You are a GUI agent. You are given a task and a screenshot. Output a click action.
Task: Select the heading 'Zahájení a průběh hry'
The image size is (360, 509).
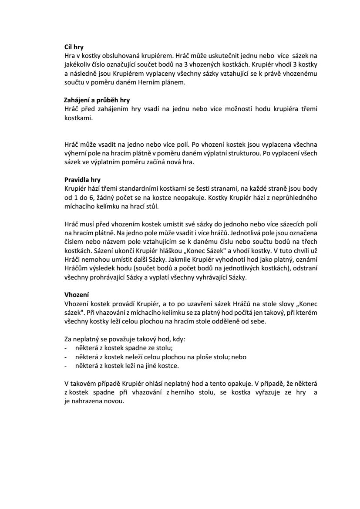pos(94,100)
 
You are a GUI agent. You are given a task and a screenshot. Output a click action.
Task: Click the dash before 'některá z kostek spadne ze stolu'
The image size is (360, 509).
pos(65,349)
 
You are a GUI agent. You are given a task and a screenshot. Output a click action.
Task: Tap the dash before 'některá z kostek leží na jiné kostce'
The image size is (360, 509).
pos(65,366)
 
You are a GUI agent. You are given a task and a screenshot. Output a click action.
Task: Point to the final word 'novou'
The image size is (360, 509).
pos(115,401)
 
